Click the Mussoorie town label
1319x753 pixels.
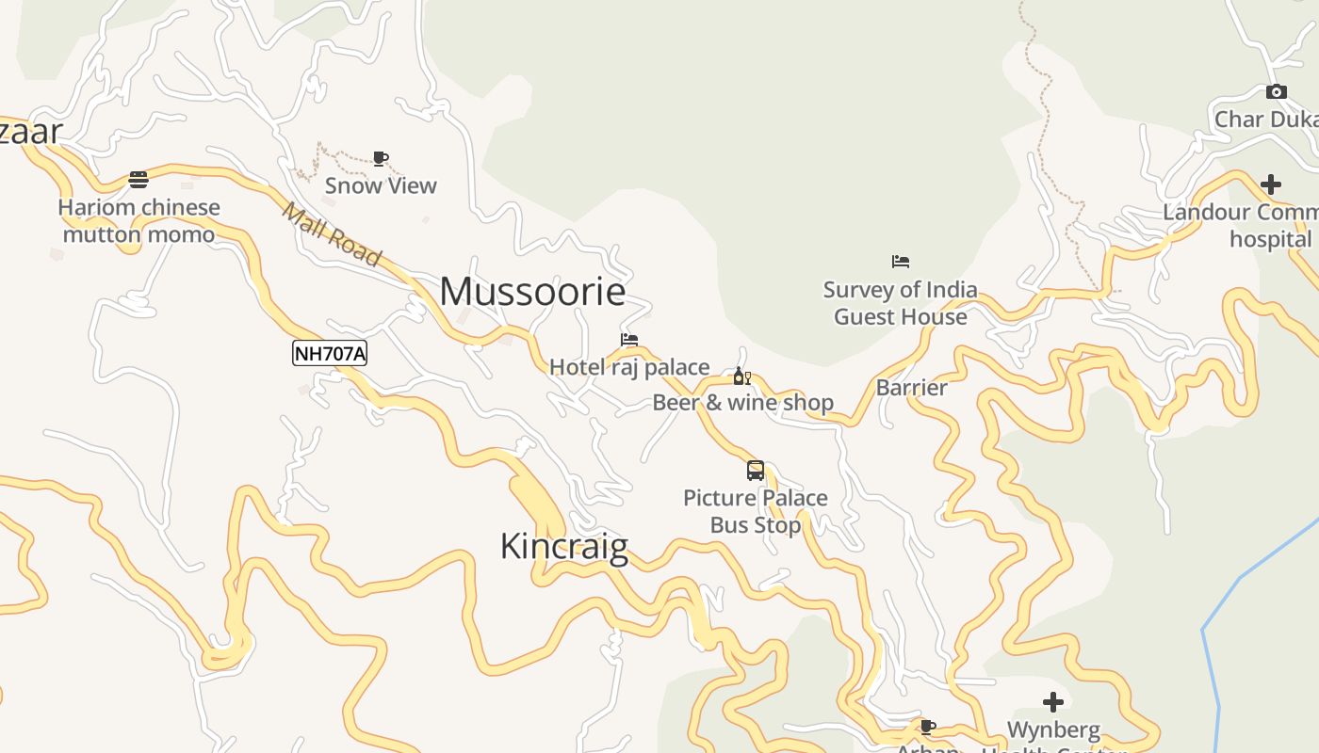pyautogui.click(x=532, y=292)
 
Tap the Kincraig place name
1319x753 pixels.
pyautogui.click(x=563, y=546)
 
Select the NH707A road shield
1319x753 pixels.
pyautogui.click(x=330, y=354)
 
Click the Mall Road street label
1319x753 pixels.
pyautogui.click(x=332, y=235)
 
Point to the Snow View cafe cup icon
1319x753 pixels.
pyautogui.click(x=381, y=158)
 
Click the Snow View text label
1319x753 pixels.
pyautogui.click(x=381, y=185)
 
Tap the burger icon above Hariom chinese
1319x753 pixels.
pyautogui.click(x=138, y=179)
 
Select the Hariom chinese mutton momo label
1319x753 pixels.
pyautogui.click(x=138, y=220)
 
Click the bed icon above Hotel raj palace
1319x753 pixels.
pyautogui.click(x=629, y=340)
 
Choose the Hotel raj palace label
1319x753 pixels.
pyautogui.click(x=629, y=367)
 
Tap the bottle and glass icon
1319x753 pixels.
pyautogui.click(x=742, y=376)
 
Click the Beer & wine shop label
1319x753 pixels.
pyautogui.click(x=742, y=403)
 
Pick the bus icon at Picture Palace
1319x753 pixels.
pyautogui.click(x=756, y=471)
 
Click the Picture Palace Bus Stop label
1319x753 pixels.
pyautogui.click(x=756, y=511)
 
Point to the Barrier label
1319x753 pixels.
pyautogui.click(x=911, y=387)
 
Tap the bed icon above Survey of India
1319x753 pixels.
pyautogui.click(x=901, y=262)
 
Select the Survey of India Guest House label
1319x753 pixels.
pyautogui.click(x=901, y=303)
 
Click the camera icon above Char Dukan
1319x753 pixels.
pyautogui.click(x=1277, y=91)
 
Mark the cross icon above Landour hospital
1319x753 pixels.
pyautogui.click(x=1271, y=184)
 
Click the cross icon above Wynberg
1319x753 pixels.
pyautogui.click(x=1053, y=701)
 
